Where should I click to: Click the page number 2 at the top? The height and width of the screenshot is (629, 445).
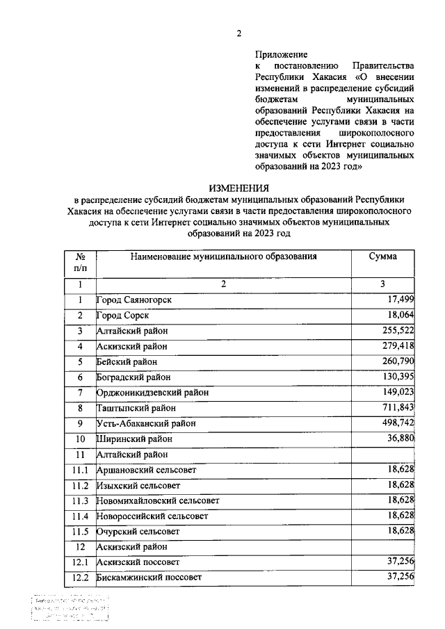239,33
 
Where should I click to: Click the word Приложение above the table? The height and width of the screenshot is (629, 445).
281,54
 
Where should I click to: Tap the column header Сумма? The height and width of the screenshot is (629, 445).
383,256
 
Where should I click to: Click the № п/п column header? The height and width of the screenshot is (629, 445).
80,261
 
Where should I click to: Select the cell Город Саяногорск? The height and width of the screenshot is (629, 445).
133,300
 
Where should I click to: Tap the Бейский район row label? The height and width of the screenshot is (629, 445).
127,361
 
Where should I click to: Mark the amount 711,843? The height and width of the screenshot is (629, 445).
396,407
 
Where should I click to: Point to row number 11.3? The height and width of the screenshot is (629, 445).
80,500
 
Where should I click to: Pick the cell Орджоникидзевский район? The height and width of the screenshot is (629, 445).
153,392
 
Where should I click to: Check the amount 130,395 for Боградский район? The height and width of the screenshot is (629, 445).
396,376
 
